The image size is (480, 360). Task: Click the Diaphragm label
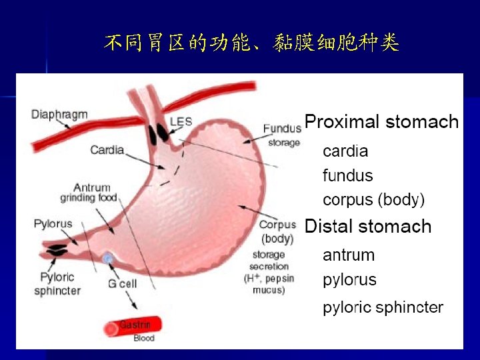point(59,114)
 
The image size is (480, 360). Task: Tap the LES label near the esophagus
point(181,121)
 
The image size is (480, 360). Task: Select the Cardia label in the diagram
point(107,149)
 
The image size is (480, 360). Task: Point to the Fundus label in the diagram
point(282,129)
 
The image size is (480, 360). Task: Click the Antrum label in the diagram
point(92,187)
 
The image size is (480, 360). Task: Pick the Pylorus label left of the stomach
point(53,223)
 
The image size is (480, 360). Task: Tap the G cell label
point(122,283)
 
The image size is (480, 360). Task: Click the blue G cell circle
point(107,258)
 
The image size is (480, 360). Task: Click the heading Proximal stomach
point(381,122)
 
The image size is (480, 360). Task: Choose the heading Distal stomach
point(368,226)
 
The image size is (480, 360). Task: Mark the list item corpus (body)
point(373,199)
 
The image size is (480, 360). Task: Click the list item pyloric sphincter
point(383,307)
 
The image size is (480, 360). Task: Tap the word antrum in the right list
point(349,255)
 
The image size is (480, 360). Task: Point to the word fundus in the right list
point(347,176)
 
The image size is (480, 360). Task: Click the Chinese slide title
point(251,44)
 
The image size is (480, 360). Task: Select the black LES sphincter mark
point(159,133)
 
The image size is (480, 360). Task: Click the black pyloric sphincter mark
point(55,251)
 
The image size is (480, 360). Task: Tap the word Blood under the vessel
point(144,338)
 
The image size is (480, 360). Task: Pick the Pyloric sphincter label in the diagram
point(57,283)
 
